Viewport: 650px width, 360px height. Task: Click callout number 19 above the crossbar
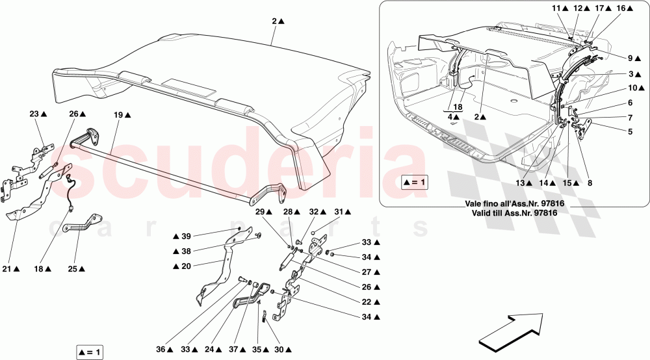tap(118, 114)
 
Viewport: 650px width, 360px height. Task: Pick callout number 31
tap(340, 211)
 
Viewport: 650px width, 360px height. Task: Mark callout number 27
tap(367, 272)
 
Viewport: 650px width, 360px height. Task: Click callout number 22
tap(367, 302)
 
